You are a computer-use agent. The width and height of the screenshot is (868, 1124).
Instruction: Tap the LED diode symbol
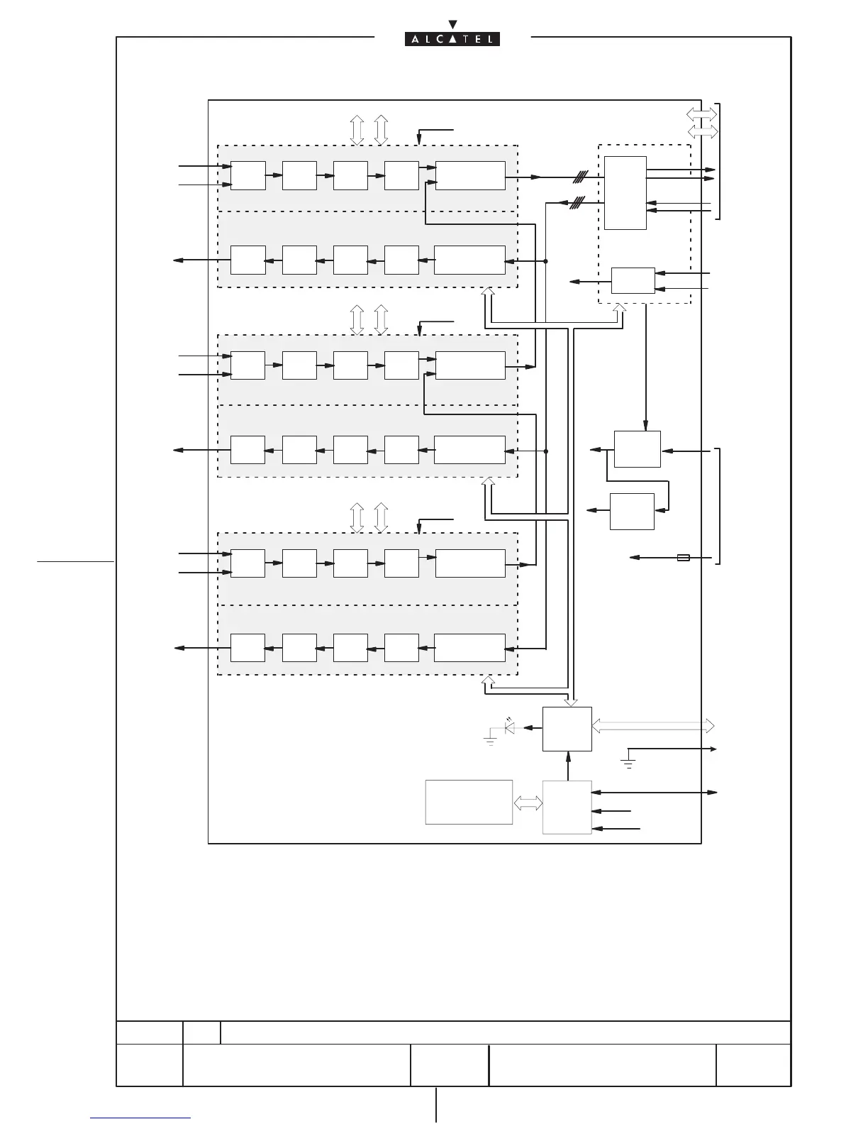pos(509,727)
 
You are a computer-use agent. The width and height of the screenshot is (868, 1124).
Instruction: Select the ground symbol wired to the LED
pos(489,742)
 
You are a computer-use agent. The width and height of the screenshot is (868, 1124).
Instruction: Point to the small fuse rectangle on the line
pos(684,558)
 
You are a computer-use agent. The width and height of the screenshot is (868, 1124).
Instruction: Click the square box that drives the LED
pos(567,729)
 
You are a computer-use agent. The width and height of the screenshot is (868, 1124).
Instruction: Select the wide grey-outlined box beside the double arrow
pos(469,802)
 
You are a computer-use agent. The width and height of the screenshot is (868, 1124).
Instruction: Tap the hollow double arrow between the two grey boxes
pos(528,803)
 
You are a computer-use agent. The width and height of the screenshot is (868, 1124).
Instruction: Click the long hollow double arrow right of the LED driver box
pos(652,726)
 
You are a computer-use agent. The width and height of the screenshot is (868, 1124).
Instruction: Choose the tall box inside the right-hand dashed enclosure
pos(625,192)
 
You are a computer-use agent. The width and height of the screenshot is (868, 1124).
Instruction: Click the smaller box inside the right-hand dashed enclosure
pos(633,280)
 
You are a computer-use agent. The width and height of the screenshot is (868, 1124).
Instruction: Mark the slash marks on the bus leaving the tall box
pos(577,202)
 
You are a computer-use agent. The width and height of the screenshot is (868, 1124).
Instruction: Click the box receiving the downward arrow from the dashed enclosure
pos(637,448)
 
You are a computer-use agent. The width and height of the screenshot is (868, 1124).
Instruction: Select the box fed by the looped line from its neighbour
pos(632,511)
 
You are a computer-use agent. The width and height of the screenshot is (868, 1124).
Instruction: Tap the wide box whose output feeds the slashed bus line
pos(470,175)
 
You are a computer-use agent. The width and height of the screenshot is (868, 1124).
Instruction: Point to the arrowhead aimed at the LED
pos(525,727)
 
